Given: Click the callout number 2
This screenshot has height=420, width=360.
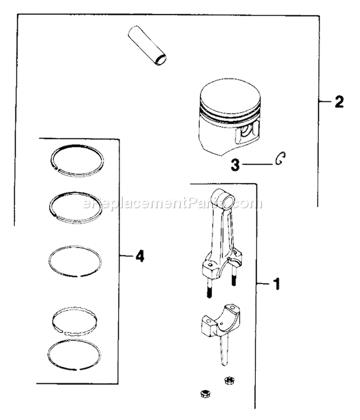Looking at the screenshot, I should coord(338,102).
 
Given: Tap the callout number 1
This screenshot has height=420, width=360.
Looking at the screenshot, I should coord(276,285).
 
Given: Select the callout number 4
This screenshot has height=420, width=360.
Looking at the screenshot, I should coord(140,256).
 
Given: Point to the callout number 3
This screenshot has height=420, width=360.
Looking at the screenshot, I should coord(235,166).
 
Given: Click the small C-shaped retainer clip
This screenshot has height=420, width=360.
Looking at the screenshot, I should coord(280,159).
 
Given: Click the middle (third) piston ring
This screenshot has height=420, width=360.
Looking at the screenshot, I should coord(76,262).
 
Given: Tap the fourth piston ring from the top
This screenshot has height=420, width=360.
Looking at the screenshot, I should coord(75,319).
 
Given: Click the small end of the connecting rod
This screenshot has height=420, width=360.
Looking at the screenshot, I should coord(222,197).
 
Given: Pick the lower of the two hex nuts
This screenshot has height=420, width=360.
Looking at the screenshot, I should coord(203,394).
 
